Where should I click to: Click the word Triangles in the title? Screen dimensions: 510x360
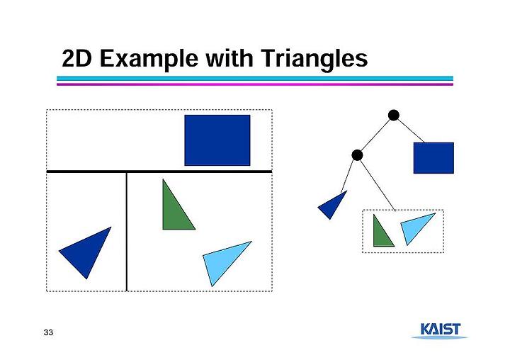pyautogui.click(x=314, y=59)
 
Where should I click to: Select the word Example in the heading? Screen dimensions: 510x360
pyautogui.click(x=149, y=59)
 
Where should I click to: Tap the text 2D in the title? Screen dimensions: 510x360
pyautogui.click(x=76, y=58)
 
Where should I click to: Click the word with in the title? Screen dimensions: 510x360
pyautogui.click(x=229, y=58)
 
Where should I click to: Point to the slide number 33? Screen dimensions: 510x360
pyautogui.click(x=48, y=332)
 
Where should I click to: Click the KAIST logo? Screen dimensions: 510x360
pyautogui.click(x=440, y=330)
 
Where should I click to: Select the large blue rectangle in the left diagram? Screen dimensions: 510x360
pyautogui.click(x=217, y=140)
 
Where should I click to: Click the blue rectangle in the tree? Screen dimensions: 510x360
pyautogui.click(x=433, y=158)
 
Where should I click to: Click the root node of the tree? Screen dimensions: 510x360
pyautogui.click(x=394, y=116)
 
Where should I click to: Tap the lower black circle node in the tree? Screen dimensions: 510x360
pyautogui.click(x=357, y=155)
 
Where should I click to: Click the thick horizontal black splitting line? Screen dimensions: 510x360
pyautogui.click(x=159, y=171)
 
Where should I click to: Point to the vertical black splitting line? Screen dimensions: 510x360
pyautogui.click(x=127, y=232)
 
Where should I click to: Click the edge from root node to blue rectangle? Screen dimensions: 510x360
pyautogui.click(x=411, y=131)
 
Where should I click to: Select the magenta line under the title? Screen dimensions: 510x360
pyautogui.click(x=255, y=84)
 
